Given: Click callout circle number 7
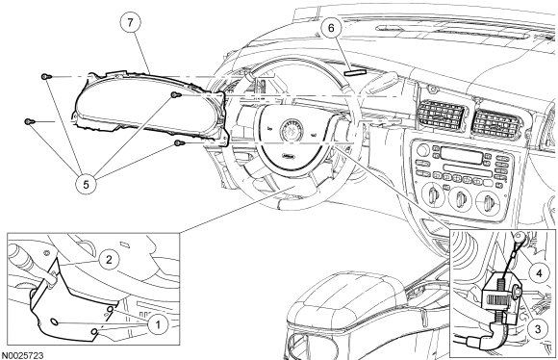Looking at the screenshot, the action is pos(130,22).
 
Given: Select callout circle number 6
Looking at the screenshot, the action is pos(331,28).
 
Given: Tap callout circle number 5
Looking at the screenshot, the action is pos(87,184).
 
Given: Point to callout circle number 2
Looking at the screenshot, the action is pos(109,259).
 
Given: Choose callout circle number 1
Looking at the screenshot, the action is pos(158,324).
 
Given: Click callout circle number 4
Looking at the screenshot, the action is pos(539,273).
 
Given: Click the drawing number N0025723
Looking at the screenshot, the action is pos(22,356).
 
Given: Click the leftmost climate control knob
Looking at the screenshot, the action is pos(433,195).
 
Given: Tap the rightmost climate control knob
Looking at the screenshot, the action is pos(487,202).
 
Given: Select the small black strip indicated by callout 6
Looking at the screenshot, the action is pos(355,72).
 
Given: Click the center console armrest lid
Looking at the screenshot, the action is pos(347,296).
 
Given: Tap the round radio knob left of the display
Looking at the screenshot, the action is pos(422,150).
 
